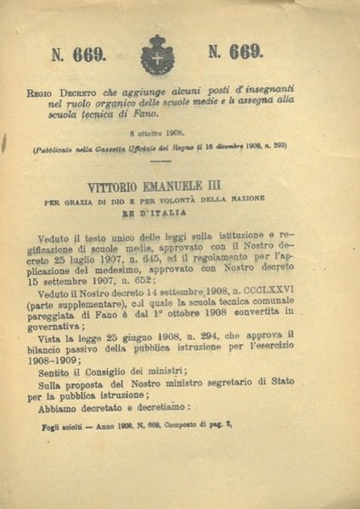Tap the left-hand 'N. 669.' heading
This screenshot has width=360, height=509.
(x=79, y=56)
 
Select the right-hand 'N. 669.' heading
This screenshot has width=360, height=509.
(x=234, y=53)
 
